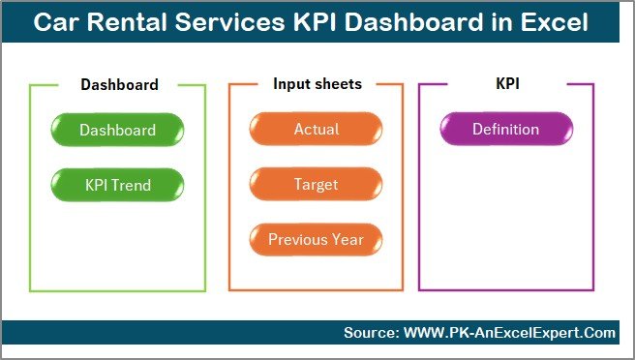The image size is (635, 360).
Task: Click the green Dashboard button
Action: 117,130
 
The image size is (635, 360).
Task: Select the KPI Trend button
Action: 117,184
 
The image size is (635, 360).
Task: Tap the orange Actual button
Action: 317,130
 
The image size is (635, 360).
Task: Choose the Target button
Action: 317,184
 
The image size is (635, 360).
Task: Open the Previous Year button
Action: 317,239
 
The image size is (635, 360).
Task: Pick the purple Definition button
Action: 506,130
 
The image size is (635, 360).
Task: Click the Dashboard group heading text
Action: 119,84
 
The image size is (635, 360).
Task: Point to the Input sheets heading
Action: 317,84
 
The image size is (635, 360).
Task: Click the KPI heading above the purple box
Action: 508,84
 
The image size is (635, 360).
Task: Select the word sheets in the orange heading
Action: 339,84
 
